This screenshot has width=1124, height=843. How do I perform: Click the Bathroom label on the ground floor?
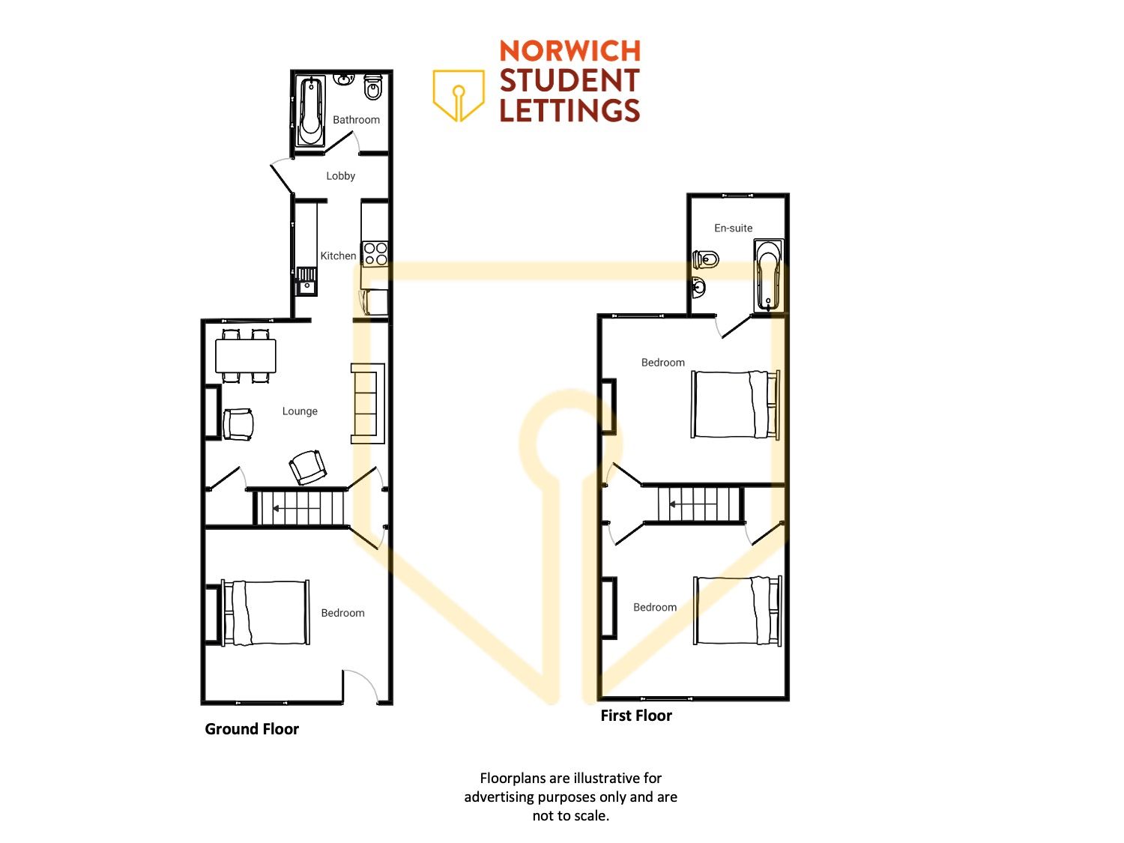[356, 120]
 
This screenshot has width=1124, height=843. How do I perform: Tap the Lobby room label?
[340, 176]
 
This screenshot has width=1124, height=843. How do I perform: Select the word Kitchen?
[338, 256]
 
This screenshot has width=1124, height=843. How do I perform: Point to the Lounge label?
[300, 411]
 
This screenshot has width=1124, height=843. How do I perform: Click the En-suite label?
[733, 229]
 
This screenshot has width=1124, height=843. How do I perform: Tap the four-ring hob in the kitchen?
[375, 254]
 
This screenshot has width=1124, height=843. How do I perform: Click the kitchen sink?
[306, 281]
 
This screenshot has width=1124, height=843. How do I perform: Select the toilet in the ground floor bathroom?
[372, 87]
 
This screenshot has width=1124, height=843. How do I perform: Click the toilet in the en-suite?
[706, 259]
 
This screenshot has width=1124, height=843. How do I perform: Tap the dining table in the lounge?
[245, 356]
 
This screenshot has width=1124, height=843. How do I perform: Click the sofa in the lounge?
[367, 403]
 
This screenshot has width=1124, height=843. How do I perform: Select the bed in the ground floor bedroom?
[265, 613]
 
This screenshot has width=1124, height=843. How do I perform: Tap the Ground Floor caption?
[252, 729]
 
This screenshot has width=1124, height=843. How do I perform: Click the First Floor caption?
[636, 716]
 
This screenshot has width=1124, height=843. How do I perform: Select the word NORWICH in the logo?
[569, 51]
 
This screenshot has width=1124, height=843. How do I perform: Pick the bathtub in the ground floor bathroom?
[310, 112]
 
